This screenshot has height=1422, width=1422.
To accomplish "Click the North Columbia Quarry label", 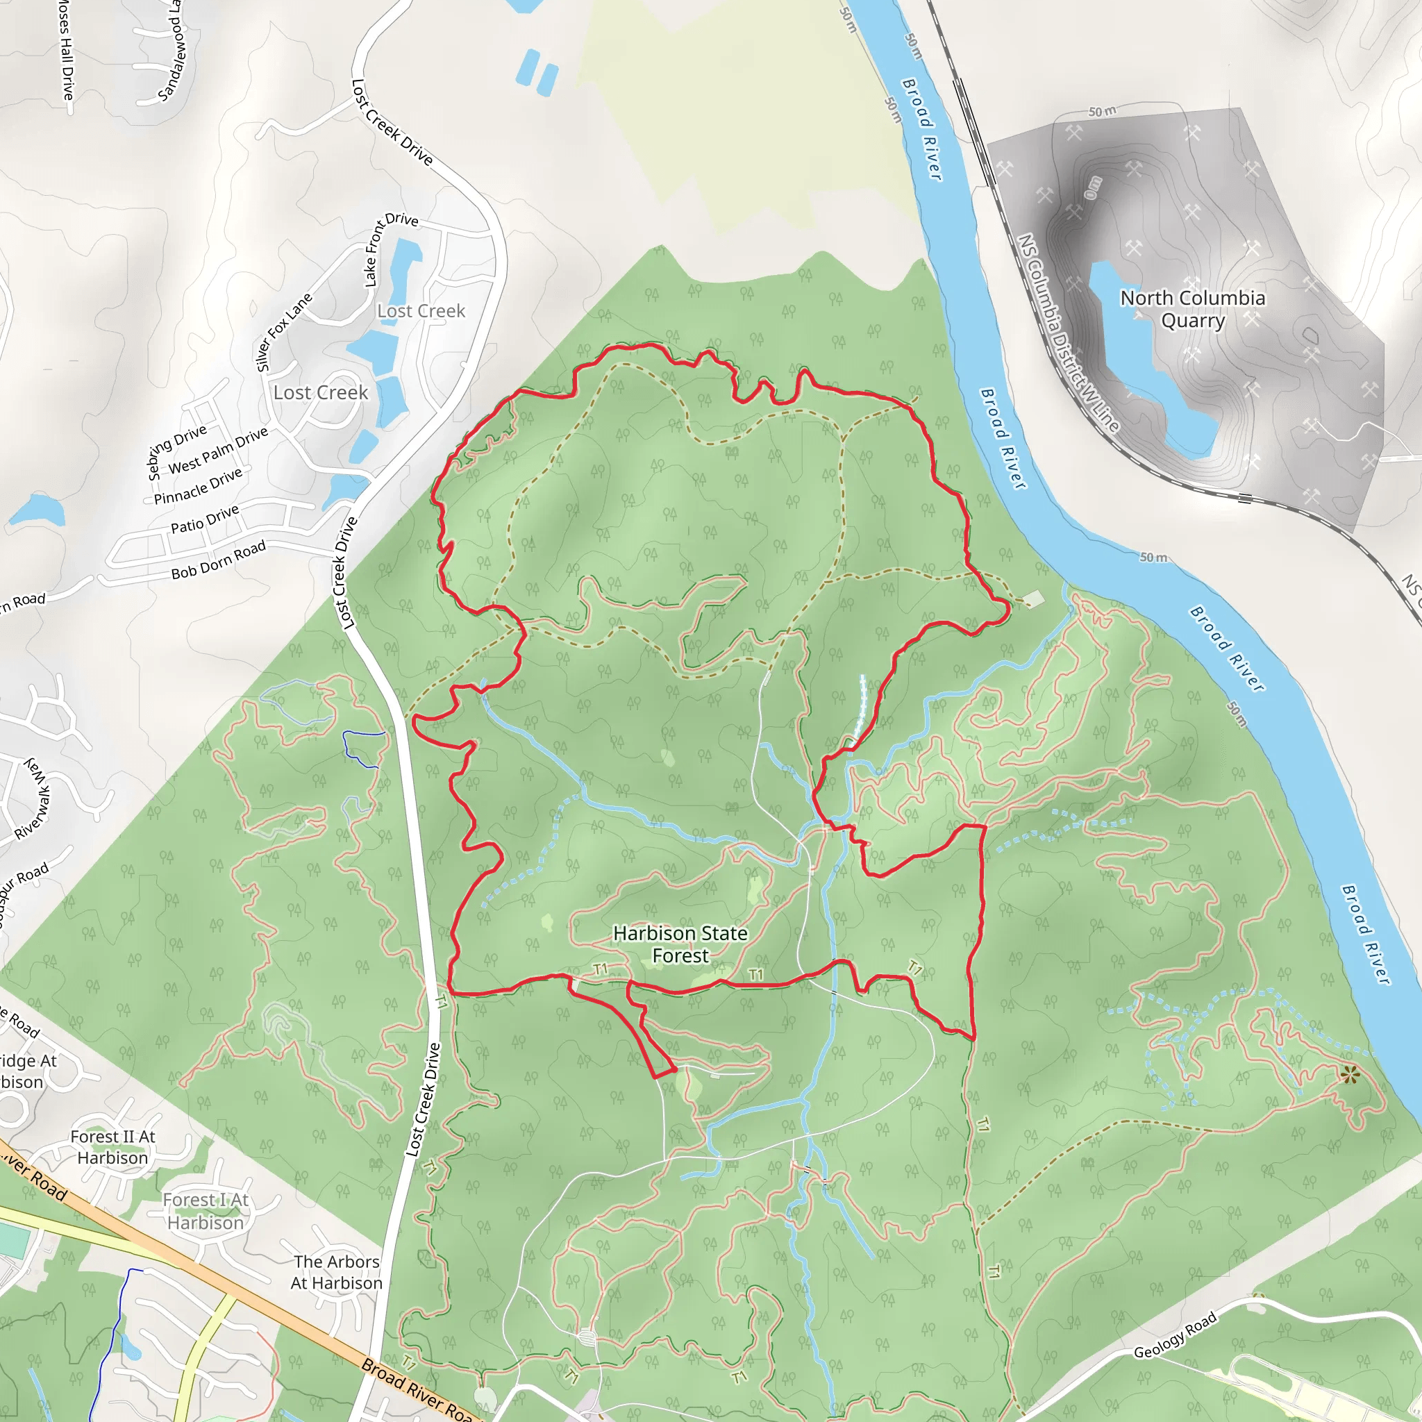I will click(1192, 309).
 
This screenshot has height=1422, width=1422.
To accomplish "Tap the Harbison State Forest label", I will click(680, 944).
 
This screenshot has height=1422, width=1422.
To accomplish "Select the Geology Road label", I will click(1175, 1336).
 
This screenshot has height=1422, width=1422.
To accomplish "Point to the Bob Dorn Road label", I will click(218, 561).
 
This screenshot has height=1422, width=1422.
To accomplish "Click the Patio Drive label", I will click(205, 519).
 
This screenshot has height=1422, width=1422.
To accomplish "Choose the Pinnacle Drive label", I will click(198, 487).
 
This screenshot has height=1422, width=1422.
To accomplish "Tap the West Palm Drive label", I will click(218, 451).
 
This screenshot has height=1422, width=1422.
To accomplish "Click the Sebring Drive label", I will click(176, 452).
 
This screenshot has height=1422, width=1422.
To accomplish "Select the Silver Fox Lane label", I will click(283, 333).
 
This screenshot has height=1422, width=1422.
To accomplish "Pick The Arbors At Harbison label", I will click(336, 1273).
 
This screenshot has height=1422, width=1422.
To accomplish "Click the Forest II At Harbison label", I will click(112, 1148).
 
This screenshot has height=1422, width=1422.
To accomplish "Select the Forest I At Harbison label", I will click(206, 1212).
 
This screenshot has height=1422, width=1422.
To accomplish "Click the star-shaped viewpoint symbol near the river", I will click(1349, 1076).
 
